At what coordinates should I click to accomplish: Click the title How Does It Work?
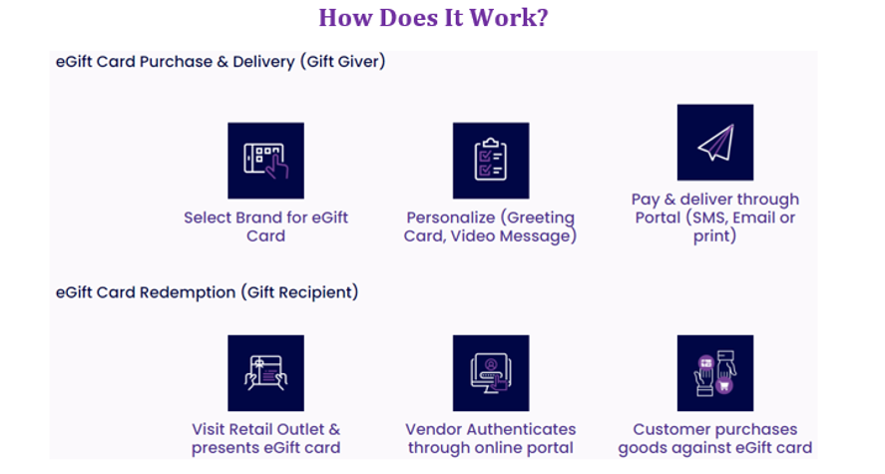click(x=433, y=18)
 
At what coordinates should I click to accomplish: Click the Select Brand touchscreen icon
click(x=265, y=161)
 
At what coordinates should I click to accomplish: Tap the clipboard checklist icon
click(x=491, y=161)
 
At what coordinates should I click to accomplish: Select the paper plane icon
click(x=715, y=142)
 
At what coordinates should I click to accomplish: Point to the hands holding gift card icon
click(x=265, y=373)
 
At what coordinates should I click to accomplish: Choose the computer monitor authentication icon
click(x=491, y=373)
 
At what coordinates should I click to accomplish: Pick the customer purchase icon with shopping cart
click(x=715, y=373)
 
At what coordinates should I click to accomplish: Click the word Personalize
click(x=450, y=218)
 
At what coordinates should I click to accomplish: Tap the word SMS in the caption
click(x=706, y=218)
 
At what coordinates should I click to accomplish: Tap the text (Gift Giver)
click(x=342, y=62)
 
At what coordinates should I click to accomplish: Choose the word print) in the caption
click(x=714, y=237)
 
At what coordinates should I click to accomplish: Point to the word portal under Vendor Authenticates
click(x=548, y=449)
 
